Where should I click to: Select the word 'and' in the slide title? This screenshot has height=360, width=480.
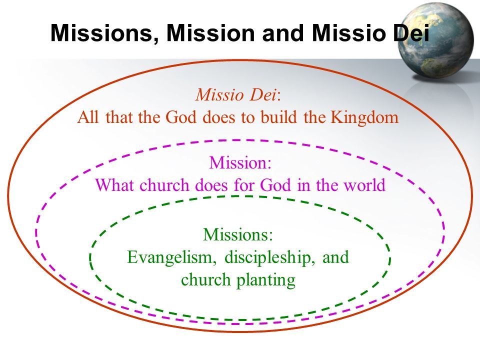point(283,32)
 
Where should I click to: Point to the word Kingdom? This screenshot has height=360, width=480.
point(364,117)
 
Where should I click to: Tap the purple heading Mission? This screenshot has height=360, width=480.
point(240,162)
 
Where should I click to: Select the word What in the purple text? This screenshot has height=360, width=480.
point(114,185)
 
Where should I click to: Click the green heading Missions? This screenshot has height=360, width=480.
point(238,234)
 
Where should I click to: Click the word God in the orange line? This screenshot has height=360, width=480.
point(180,117)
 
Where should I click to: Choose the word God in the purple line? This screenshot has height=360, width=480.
point(275,185)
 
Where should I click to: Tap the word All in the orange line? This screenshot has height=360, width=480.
point(88,117)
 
